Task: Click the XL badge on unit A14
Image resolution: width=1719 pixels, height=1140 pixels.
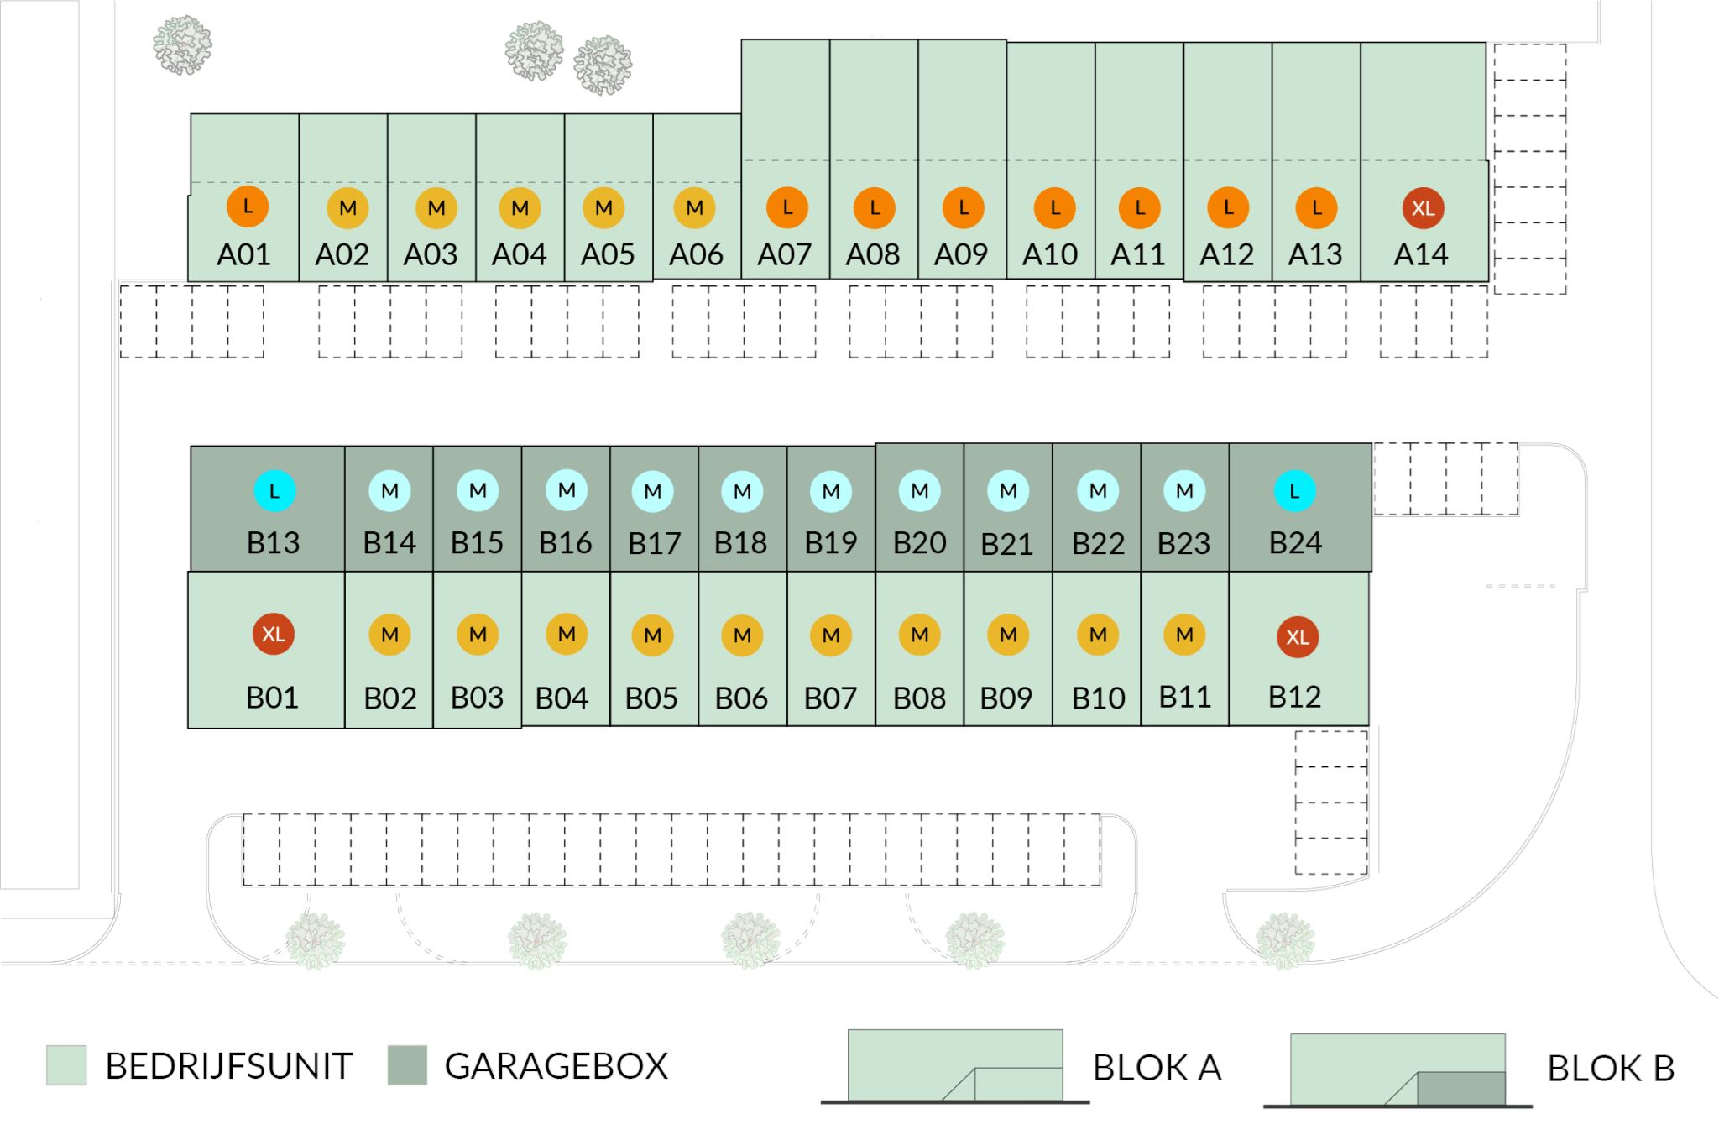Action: pyautogui.click(x=1423, y=207)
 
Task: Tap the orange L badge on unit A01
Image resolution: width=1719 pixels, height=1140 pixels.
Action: pyautogui.click(x=248, y=206)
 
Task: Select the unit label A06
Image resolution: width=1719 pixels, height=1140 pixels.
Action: pyautogui.click(x=696, y=254)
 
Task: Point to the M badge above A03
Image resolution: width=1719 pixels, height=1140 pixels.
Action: pyautogui.click(x=436, y=207)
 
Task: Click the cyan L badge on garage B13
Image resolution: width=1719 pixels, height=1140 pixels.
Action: pyautogui.click(x=274, y=491)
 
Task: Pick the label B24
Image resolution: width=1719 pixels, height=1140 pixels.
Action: pyautogui.click(x=1295, y=543)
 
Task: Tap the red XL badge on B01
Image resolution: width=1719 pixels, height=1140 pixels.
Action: pyautogui.click(x=274, y=634)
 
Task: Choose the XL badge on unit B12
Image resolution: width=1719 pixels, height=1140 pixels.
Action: pyautogui.click(x=1298, y=636)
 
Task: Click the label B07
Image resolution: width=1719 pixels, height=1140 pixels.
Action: pyautogui.click(x=830, y=698)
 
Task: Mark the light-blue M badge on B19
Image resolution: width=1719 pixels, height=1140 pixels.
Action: pyautogui.click(x=831, y=491)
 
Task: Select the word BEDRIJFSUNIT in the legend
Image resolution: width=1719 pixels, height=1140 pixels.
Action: pyautogui.click(x=228, y=1066)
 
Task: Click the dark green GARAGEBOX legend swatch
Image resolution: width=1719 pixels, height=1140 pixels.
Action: pyautogui.click(x=407, y=1065)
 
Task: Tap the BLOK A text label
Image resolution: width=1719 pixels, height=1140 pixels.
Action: pyautogui.click(x=1157, y=1068)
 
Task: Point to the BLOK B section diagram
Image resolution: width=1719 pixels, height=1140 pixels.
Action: pyautogui.click(x=1398, y=1070)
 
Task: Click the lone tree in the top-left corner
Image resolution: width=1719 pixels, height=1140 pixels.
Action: pyautogui.click(x=182, y=45)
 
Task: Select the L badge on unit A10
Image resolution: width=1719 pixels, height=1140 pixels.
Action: pyautogui.click(x=1055, y=207)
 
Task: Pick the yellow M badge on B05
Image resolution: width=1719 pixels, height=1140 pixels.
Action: pyautogui.click(x=653, y=635)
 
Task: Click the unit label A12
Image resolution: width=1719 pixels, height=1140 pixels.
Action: pyautogui.click(x=1226, y=254)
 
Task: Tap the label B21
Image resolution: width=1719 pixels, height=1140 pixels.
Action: pyautogui.click(x=1006, y=544)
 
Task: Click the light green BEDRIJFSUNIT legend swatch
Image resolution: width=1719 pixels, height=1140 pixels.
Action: pyautogui.click(x=66, y=1065)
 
